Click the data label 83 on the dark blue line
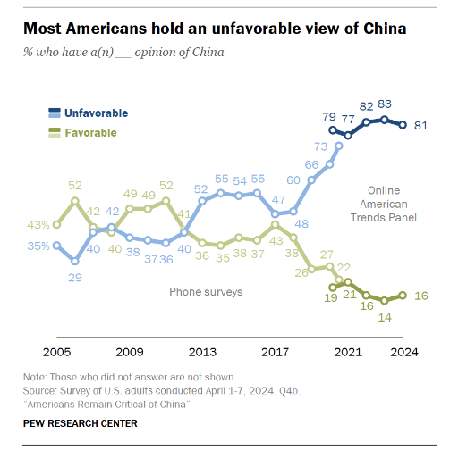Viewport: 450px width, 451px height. click(386, 104)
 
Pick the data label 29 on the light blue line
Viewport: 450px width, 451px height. click(74, 278)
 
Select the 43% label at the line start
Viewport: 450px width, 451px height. click(37, 223)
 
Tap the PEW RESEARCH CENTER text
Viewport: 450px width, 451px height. click(80, 423)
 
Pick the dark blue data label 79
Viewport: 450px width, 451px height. click(328, 116)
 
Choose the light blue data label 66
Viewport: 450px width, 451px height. click(312, 165)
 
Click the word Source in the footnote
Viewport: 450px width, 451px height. click(40, 390)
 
